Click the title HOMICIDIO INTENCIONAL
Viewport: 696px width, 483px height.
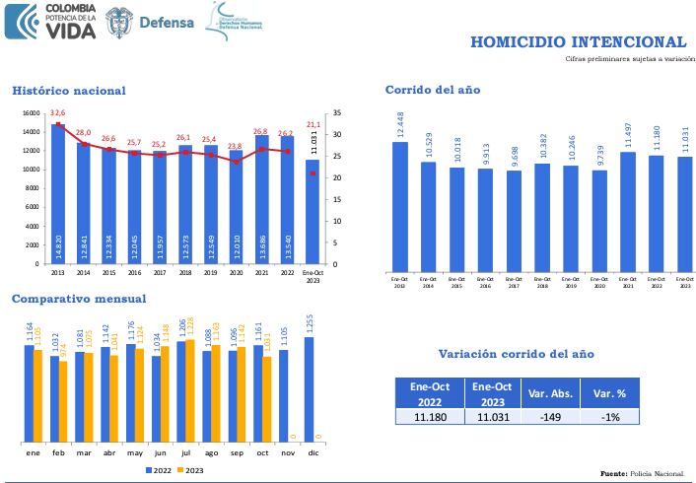578,41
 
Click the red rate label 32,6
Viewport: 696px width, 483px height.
58,113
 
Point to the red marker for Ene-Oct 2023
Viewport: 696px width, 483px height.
313,173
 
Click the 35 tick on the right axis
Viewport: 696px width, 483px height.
337,113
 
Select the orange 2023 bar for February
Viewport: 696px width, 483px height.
64,401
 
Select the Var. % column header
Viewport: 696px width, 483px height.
603,393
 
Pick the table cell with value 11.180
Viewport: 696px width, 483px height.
430,418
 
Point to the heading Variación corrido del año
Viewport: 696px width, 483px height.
516,354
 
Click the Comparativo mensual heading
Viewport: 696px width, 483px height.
79,299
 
